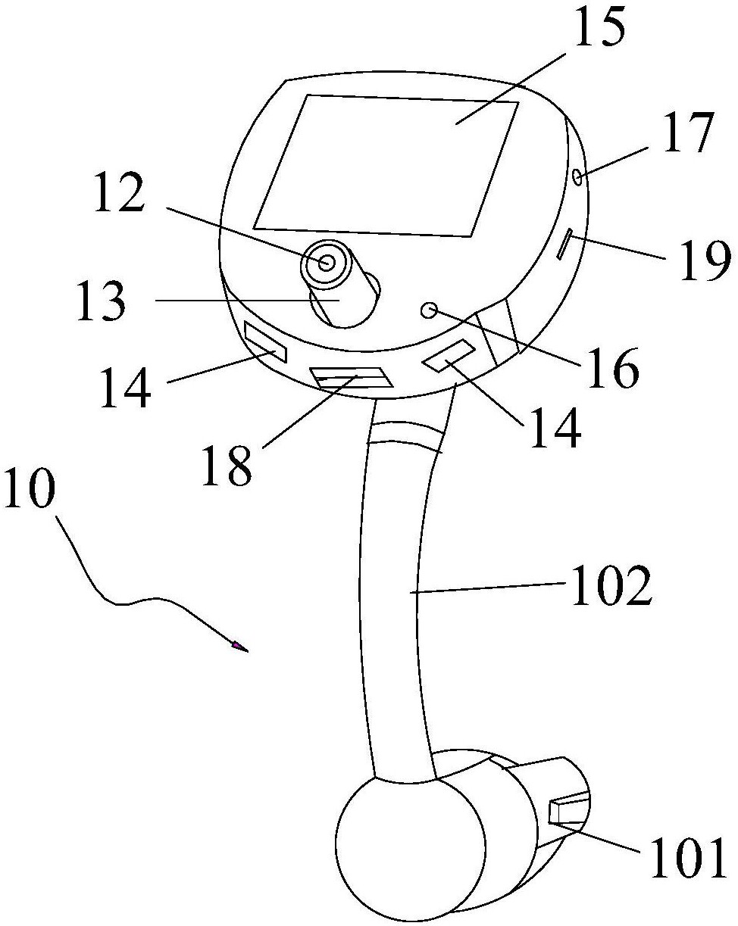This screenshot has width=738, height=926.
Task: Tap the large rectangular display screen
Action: coord(386,164)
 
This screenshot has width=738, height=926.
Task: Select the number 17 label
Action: coord(686,135)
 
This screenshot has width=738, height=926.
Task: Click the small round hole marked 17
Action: coord(579,177)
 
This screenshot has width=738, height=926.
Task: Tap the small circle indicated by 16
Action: coord(428,310)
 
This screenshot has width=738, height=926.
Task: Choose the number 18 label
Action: coord(226,466)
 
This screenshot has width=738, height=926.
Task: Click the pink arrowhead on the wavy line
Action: coord(239,646)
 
